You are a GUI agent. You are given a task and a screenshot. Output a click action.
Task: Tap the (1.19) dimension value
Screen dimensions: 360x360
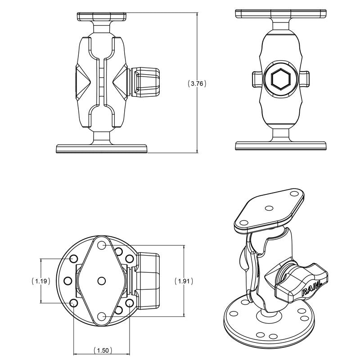pos(41,281)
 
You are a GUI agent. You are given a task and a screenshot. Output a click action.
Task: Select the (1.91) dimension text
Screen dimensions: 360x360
pos(184,281)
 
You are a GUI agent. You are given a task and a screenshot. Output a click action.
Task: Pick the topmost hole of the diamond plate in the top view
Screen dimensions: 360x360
pos(102,246)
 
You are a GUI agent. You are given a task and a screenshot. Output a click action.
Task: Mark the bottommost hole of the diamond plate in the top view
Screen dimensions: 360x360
pos(102,316)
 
